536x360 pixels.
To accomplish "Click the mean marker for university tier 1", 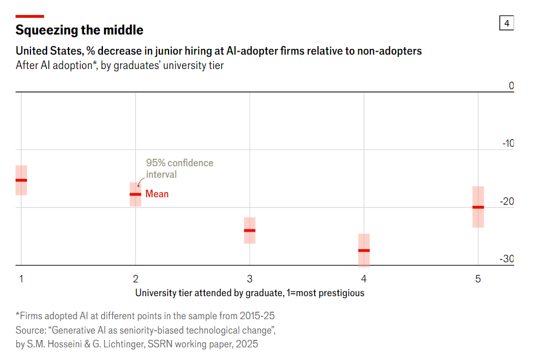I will tap(21, 180).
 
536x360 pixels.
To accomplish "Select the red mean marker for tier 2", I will tap(135, 194).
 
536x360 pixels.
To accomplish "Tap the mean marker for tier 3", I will tap(250, 231).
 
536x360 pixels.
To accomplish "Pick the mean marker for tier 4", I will tap(364, 251).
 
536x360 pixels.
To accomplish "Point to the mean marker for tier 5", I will tap(478, 207).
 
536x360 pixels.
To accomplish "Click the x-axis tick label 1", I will tap(21, 279).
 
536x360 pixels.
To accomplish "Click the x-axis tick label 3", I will tap(250, 279).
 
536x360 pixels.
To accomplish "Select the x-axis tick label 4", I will tap(364, 279).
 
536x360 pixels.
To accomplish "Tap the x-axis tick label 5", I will tap(478, 279).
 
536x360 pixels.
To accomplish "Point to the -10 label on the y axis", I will tap(507, 143).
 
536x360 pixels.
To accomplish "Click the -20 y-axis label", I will tap(507, 201).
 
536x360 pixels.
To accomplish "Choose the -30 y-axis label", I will tap(507, 259).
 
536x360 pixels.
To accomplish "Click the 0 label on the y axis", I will tap(511, 86).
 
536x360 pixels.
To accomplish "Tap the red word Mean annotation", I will tap(157, 194).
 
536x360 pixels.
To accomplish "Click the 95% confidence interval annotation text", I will tap(179, 168).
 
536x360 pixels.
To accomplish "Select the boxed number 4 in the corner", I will tap(507, 23).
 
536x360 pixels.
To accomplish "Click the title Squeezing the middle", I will tap(79, 30).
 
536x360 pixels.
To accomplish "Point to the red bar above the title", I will tap(30, 16).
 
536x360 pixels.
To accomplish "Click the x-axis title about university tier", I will tap(250, 293).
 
